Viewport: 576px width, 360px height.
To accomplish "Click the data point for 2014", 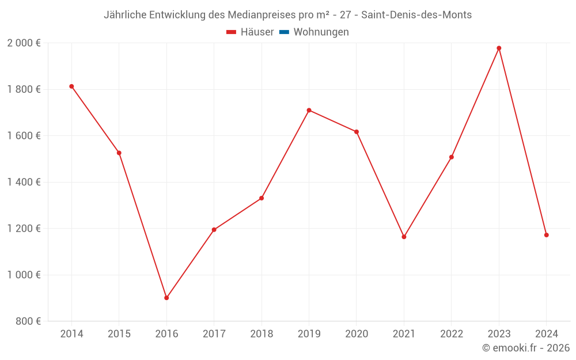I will [71, 86].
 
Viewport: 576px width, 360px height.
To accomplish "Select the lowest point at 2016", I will [166, 298].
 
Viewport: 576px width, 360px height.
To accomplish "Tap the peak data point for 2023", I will [499, 48].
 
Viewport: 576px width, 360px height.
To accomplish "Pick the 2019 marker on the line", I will [309, 110].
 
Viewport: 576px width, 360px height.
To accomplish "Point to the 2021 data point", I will [404, 237].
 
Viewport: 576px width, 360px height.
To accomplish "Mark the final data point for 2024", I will [546, 235].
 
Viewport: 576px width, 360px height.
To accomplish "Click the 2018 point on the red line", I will [262, 198].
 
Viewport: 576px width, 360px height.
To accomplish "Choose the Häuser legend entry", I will [250, 32].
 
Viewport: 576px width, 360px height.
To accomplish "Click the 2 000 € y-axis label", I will [24, 43].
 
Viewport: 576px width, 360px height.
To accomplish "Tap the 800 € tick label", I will [28, 321].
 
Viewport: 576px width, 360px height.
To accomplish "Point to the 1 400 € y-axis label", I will [24, 182].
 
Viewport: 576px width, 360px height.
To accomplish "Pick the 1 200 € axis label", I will [24, 229].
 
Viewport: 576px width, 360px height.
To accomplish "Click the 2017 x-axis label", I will [214, 334].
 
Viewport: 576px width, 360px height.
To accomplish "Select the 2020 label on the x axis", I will [357, 334].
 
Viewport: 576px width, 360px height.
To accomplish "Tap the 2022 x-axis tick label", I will [452, 334].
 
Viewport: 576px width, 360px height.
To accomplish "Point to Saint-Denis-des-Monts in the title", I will [416, 15].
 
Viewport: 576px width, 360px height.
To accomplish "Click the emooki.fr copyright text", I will [526, 348].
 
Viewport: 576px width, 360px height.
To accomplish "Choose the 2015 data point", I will [119, 153].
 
